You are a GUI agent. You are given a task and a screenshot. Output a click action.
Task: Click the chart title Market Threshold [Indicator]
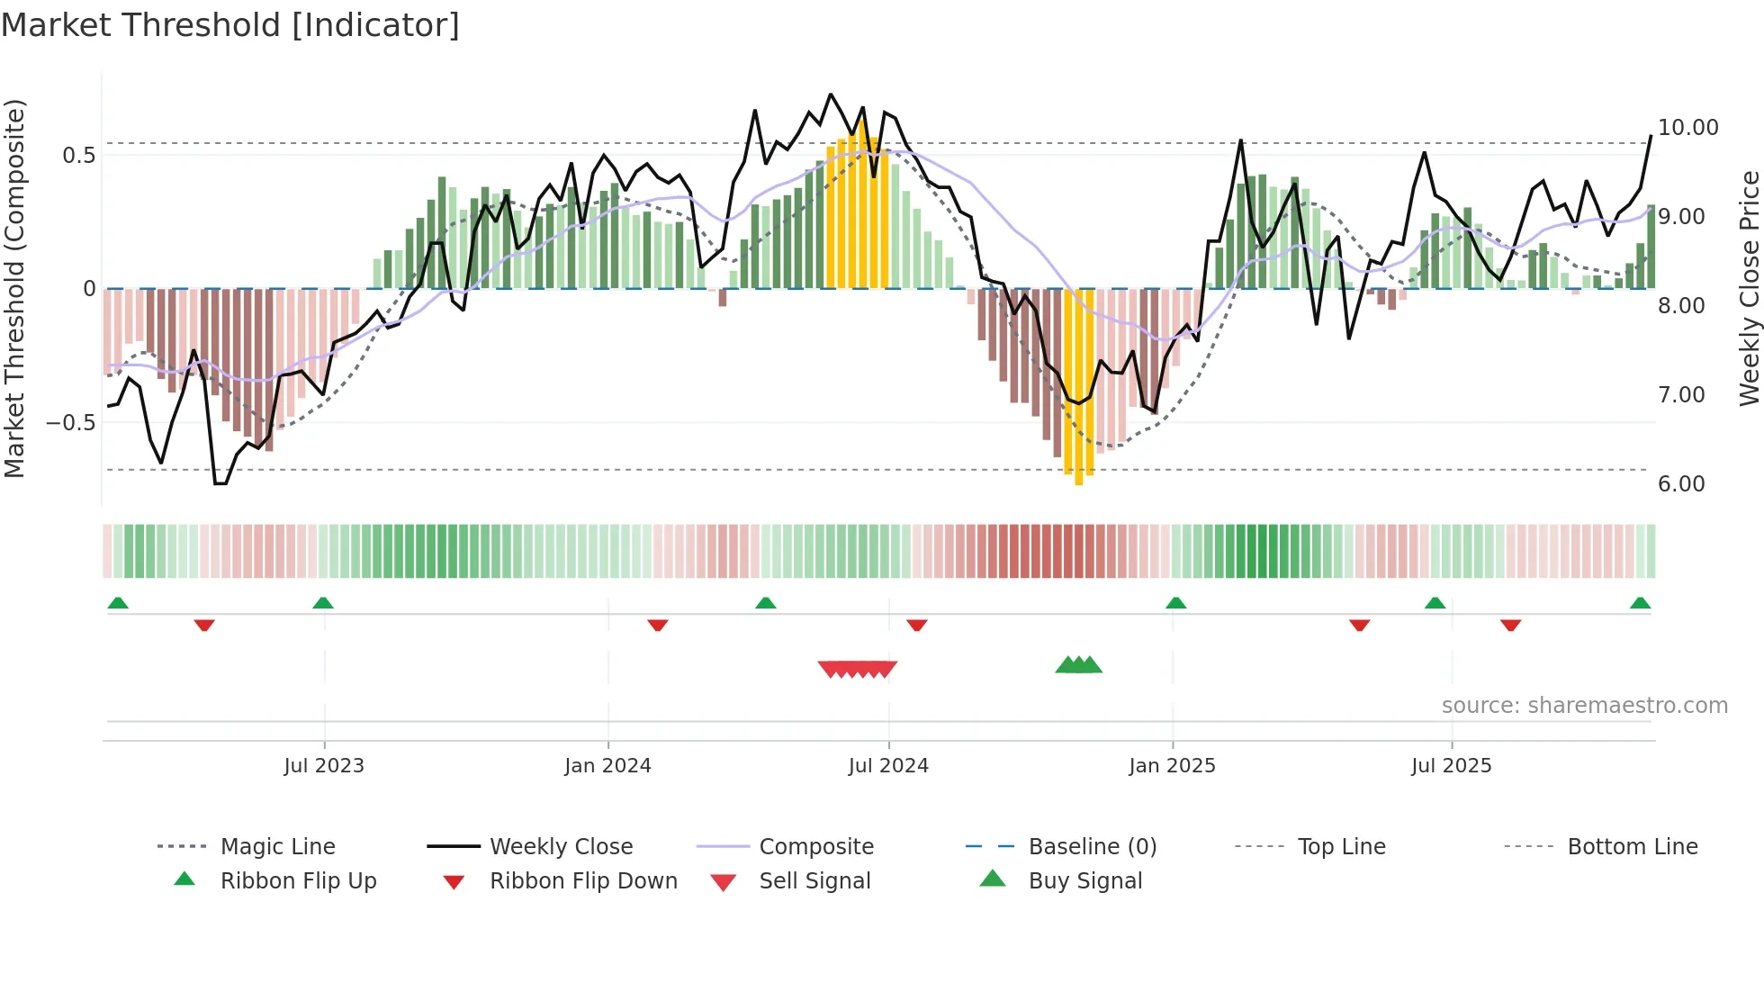coord(230,25)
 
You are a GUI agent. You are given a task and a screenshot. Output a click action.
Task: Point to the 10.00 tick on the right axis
coord(1687,128)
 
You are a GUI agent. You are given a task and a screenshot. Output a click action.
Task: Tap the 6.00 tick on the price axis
coord(1680,484)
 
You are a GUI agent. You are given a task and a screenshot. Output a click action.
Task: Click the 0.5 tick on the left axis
coord(78,156)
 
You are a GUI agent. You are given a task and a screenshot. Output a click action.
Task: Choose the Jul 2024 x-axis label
coord(887,766)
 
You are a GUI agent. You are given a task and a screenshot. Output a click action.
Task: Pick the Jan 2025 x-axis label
coord(1172,766)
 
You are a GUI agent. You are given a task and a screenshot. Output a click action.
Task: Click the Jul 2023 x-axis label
coord(324,766)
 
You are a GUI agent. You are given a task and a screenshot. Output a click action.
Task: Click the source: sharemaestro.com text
coord(1584,706)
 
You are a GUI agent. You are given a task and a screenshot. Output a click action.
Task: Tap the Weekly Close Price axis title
coord(1749,288)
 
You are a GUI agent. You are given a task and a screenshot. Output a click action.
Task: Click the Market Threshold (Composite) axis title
coord(14,288)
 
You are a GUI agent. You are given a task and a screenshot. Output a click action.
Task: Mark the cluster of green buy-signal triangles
coord(1078,665)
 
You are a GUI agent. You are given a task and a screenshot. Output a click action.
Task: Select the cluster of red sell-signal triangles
coord(857,669)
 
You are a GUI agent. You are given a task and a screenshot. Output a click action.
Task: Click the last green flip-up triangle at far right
coord(1640,603)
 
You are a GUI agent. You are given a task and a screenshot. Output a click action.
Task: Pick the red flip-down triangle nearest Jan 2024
coord(658,625)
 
